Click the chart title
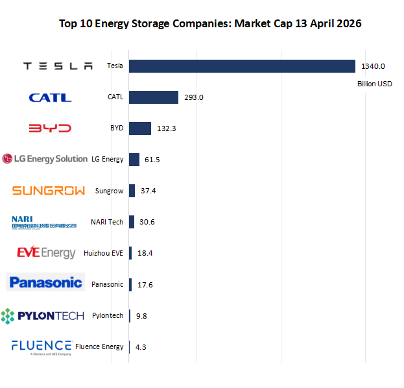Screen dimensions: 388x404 click(210, 24)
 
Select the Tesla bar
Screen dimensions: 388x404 click(242, 66)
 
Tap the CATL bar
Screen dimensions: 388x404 click(154, 97)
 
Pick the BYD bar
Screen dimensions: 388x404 click(140, 128)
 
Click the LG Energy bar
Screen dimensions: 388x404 click(134, 160)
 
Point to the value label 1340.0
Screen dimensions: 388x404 click(374, 66)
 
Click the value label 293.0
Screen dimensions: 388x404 click(194, 97)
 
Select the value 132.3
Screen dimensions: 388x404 click(167, 128)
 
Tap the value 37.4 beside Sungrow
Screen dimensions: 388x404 click(149, 191)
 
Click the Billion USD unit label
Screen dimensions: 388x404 click(375, 84)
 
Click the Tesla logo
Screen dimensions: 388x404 click(58, 66)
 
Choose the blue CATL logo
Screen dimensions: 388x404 click(50, 97)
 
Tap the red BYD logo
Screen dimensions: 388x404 click(50, 128)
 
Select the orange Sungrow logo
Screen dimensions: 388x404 click(49, 191)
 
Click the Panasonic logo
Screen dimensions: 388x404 click(45, 282)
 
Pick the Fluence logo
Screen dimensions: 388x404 click(42, 346)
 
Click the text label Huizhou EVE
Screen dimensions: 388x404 click(104, 253)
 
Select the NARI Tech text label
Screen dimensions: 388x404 click(107, 222)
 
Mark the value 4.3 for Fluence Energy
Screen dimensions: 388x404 click(141, 347)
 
